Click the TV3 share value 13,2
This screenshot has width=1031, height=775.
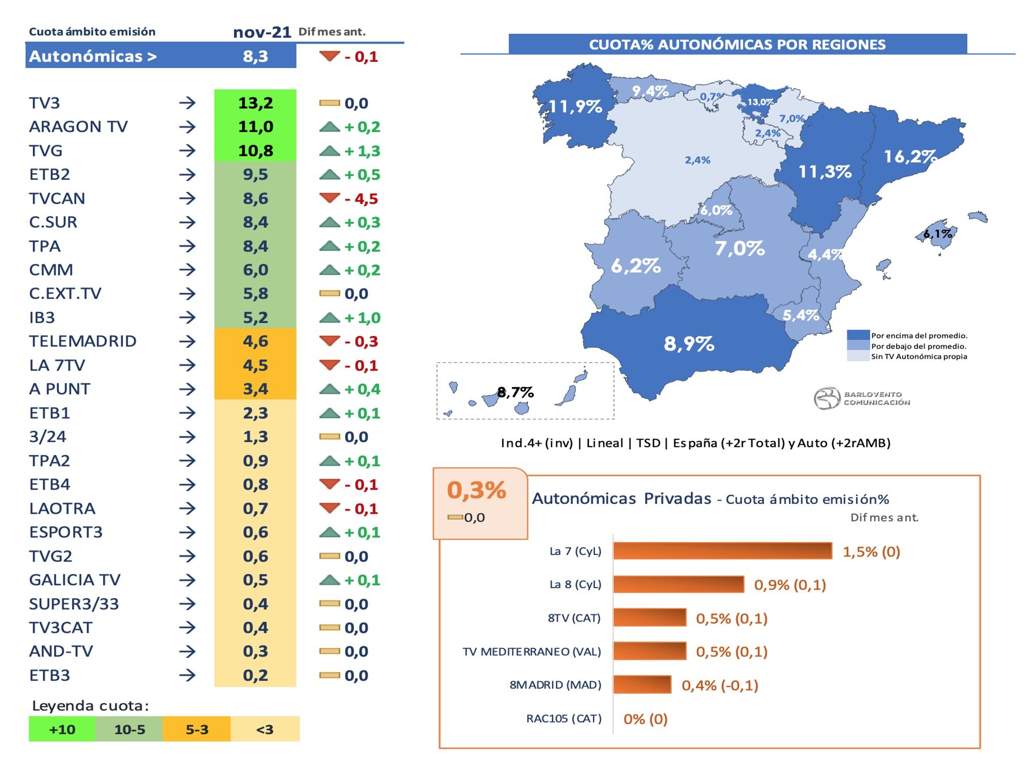coord(255,103)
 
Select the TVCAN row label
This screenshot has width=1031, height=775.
coord(57,198)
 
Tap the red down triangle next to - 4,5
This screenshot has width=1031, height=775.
coord(329,198)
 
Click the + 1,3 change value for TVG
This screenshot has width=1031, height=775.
coord(362,151)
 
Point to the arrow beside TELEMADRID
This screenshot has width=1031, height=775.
coord(187,341)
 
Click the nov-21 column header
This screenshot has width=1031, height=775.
coord(262,32)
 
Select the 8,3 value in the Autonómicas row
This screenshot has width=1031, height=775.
coord(255,56)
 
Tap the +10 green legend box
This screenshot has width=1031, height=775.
coord(62,729)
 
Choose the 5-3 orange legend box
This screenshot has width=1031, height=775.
coord(196,729)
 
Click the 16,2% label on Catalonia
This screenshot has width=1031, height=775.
coord(909,156)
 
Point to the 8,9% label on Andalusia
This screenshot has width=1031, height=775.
coord(689,343)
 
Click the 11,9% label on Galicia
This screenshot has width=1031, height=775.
coord(575,107)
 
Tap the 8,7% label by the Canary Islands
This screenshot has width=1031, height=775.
coord(515,393)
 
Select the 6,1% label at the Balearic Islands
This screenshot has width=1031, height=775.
coord(938,233)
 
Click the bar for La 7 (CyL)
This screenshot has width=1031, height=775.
coord(722,551)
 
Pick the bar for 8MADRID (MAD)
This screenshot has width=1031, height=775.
coord(642,685)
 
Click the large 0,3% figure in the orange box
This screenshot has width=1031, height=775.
coord(476,490)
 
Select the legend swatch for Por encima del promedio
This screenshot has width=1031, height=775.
coord(858,335)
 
